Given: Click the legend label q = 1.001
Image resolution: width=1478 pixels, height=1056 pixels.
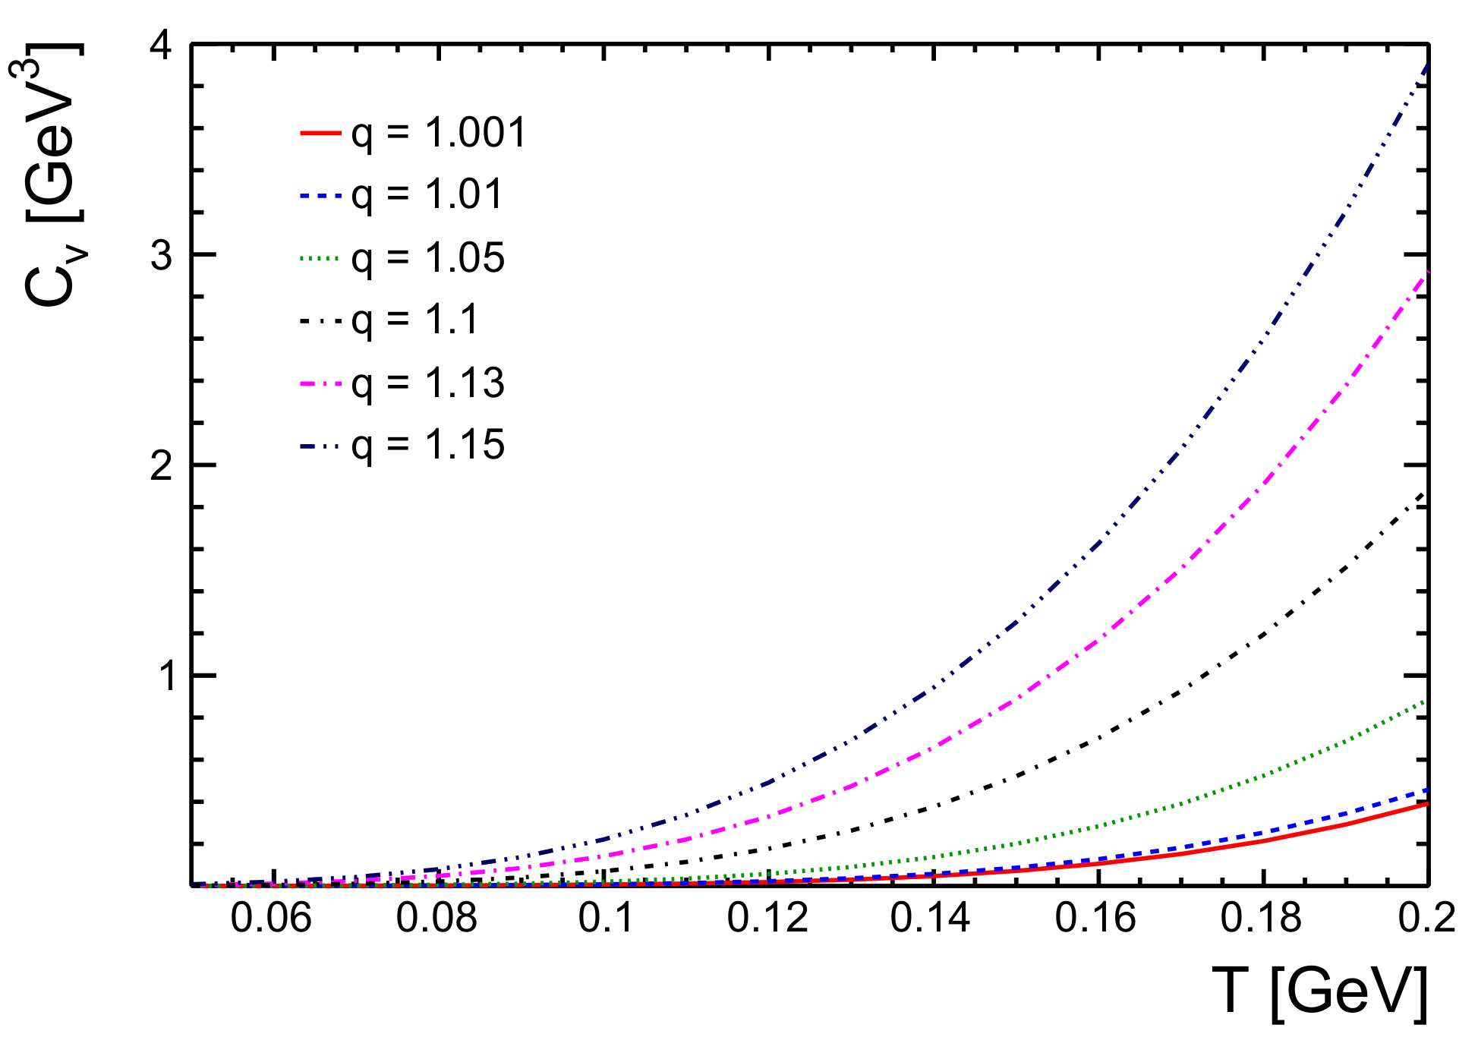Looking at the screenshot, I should pyautogui.click(x=438, y=134).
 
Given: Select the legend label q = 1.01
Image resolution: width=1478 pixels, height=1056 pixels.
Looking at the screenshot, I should pyautogui.click(x=427, y=196).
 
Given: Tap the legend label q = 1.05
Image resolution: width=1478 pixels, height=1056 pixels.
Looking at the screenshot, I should pyautogui.click(x=427, y=258).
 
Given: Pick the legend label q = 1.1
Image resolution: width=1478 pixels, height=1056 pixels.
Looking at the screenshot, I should pyautogui.click(x=415, y=320).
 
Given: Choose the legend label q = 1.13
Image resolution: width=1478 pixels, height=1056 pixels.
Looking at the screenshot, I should pyautogui.click(x=427, y=383).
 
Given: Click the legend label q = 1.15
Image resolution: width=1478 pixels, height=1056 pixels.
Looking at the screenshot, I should pyautogui.click(x=427, y=445).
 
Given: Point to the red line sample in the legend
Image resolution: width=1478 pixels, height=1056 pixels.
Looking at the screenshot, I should pyautogui.click(x=320, y=134).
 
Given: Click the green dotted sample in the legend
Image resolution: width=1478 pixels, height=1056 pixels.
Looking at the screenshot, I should pyautogui.click(x=320, y=258).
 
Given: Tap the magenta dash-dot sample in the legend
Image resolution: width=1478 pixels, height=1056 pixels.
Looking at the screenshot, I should pyautogui.click(x=320, y=383).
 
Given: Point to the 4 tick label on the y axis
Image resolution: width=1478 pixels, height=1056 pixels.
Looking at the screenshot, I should pyautogui.click(x=161, y=47).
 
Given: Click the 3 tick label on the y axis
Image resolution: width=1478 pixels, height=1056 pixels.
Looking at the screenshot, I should pyautogui.click(x=161, y=256).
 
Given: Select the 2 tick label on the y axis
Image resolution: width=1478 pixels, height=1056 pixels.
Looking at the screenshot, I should pyautogui.click(x=161, y=465).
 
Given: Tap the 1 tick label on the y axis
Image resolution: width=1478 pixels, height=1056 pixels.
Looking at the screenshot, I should pyautogui.click(x=164, y=676).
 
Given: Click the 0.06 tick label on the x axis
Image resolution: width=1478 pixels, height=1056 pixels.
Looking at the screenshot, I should pyautogui.click(x=271, y=919).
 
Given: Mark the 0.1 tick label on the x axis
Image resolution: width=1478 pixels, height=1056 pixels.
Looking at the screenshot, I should pyautogui.click(x=607, y=919).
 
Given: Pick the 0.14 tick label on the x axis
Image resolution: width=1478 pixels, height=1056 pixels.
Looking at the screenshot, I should pyautogui.click(x=930, y=919).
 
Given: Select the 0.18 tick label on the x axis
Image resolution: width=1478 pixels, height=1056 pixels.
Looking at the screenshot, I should pyautogui.click(x=1260, y=919).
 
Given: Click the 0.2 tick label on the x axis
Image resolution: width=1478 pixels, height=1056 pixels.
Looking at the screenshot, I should pyautogui.click(x=1426, y=919).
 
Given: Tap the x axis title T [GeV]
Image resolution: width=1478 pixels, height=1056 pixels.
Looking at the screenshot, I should pyautogui.click(x=1319, y=992).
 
